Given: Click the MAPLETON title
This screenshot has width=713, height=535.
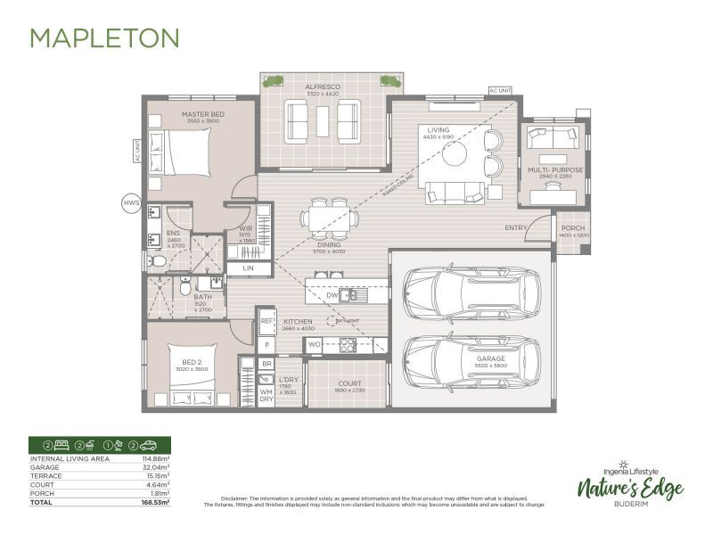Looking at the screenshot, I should pyautogui.click(x=105, y=37).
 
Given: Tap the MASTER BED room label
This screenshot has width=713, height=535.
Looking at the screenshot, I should pyautogui.click(x=201, y=114).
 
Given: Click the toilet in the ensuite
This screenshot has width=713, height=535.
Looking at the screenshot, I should pyautogui.click(x=158, y=261).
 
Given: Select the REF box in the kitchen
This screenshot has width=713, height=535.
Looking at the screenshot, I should pyautogui.click(x=266, y=320).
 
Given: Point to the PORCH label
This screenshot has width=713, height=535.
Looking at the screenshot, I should pyautogui.click(x=573, y=227).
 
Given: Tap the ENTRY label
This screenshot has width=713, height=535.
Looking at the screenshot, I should pyautogui.click(x=516, y=227).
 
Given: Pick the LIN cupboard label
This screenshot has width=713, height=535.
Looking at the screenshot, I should pyautogui.click(x=247, y=268).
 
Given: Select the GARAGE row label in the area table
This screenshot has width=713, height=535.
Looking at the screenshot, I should pyautogui.click(x=45, y=466).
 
